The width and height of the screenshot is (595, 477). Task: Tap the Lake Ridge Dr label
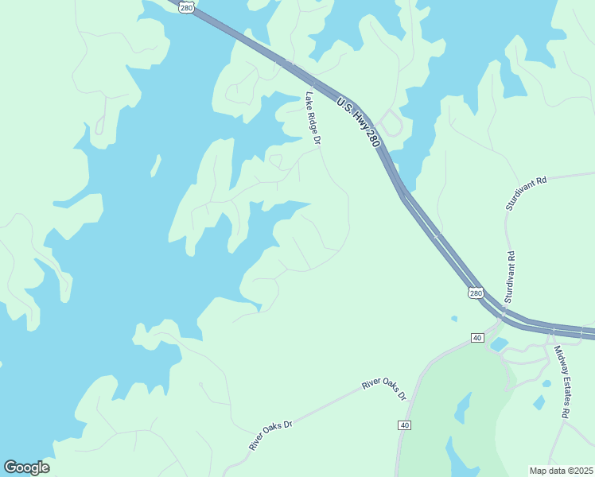click(313, 118)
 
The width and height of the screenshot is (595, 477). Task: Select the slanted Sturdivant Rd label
click(527, 193)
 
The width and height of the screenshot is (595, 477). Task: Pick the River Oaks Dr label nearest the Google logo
click(270, 435)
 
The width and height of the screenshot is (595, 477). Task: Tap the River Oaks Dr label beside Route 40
click(384, 390)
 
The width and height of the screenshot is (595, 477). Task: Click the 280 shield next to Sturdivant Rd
click(476, 293)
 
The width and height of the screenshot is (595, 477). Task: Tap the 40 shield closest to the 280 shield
click(477, 338)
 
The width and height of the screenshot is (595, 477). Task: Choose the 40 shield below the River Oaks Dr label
click(405, 425)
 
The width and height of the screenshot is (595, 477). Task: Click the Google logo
click(26, 467)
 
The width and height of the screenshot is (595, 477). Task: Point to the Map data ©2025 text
click(562, 471)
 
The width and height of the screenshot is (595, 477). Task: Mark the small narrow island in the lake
click(156, 165)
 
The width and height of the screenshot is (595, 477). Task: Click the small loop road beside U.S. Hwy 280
click(391, 124)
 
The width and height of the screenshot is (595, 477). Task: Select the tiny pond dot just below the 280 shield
click(453, 319)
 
